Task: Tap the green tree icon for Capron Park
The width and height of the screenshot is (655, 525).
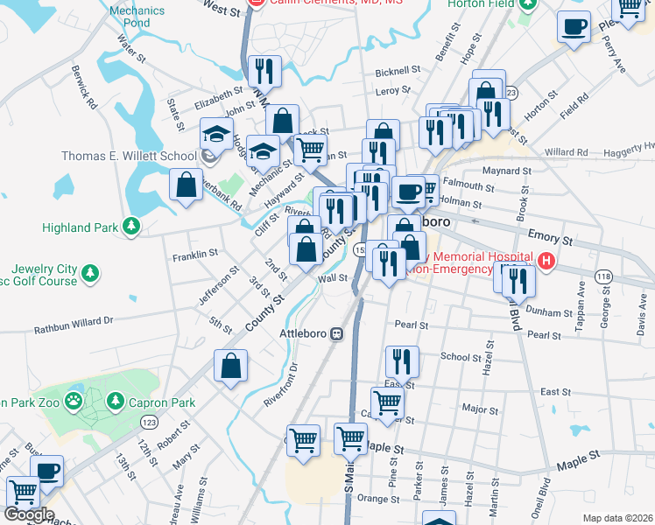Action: pyautogui.click(x=115, y=402)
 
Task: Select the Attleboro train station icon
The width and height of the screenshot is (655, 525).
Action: pyautogui.click(x=335, y=333)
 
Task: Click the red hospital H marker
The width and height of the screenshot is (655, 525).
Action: pyautogui.click(x=547, y=260)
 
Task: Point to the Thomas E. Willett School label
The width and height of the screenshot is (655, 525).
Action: pyautogui.click(x=129, y=157)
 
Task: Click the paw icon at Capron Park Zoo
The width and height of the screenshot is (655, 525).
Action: pyautogui.click(x=76, y=402)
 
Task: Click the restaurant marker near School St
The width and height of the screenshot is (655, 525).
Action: pyautogui.click(x=402, y=360)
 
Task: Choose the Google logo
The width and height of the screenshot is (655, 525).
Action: pyautogui.click(x=28, y=514)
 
